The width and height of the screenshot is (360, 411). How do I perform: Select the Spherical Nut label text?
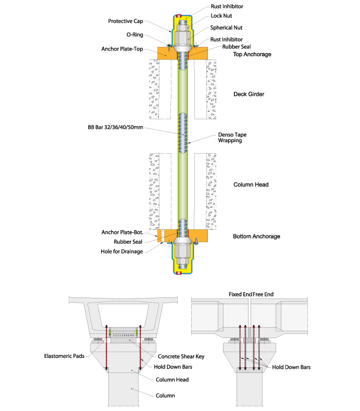226,27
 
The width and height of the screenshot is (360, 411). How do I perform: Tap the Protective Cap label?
125,21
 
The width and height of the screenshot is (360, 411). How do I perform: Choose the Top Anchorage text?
252,54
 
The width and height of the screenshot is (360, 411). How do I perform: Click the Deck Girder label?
249,94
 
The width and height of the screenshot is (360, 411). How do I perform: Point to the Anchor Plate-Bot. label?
122,232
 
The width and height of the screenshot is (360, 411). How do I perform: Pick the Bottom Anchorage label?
256,236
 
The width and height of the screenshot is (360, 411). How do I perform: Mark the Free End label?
264,294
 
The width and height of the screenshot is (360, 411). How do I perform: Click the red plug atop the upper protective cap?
179,14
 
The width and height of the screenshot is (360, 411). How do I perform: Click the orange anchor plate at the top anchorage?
164,53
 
